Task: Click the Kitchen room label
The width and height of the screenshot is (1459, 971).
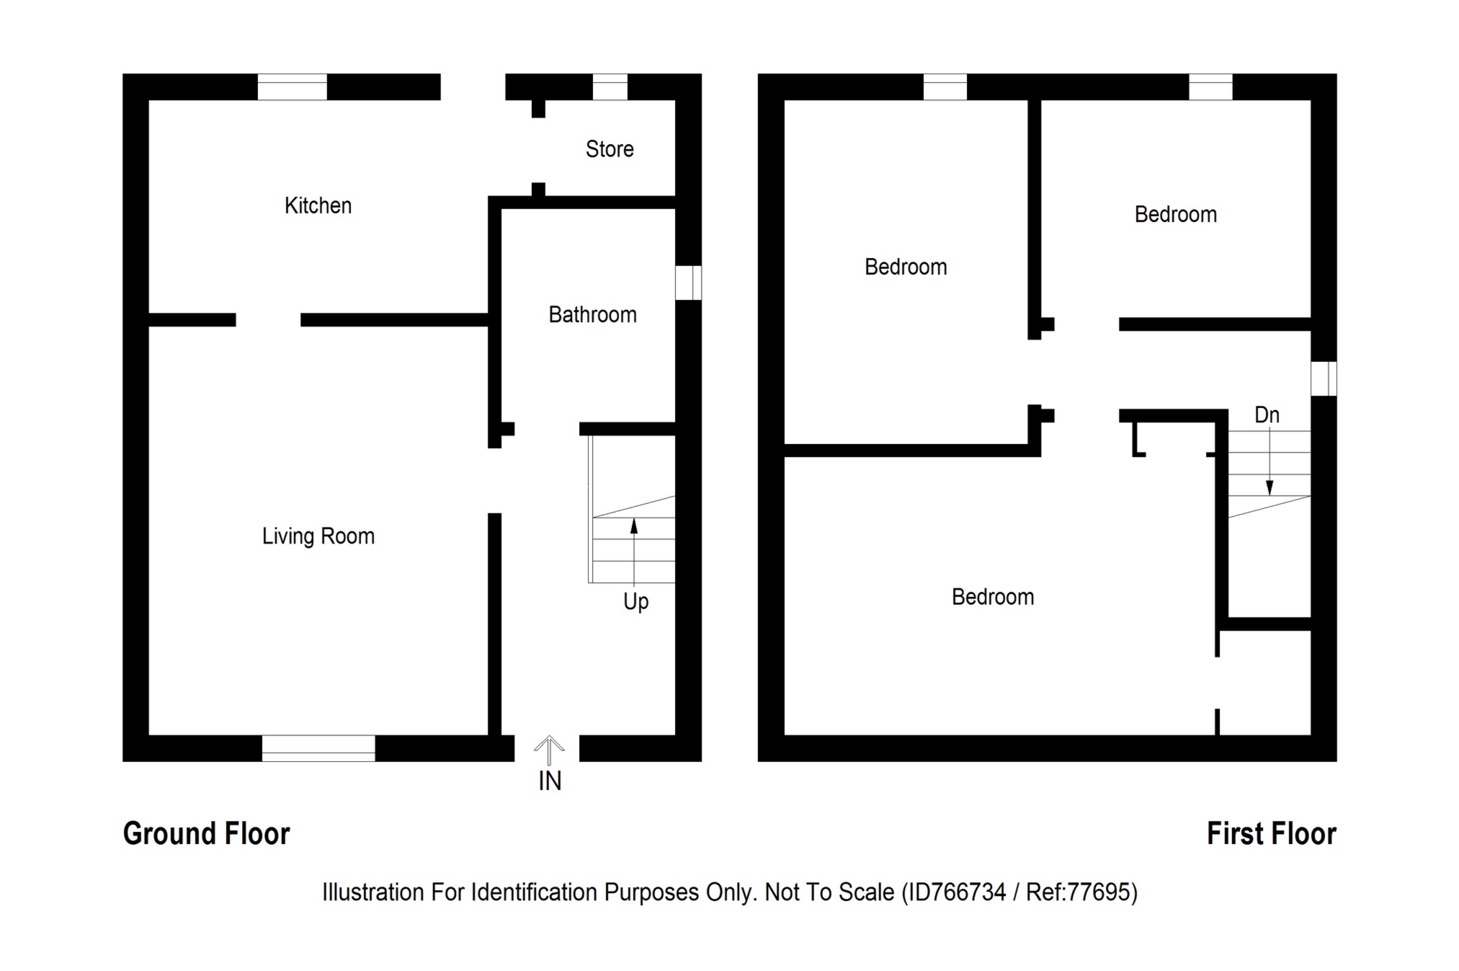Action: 318,206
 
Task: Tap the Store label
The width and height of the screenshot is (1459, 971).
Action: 610,149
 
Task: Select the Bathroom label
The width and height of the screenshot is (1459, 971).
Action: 592,315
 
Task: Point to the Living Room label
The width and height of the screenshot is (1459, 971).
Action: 318,536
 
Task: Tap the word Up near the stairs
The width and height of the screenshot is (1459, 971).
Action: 635,602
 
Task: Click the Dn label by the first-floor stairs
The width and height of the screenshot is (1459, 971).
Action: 1267,415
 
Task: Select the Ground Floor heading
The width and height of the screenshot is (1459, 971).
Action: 206,834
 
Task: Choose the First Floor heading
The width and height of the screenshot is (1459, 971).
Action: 1271,834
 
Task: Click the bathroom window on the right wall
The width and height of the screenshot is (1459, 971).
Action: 688,283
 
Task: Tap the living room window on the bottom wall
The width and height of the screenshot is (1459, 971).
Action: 318,748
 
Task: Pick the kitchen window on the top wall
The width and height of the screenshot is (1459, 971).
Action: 292,87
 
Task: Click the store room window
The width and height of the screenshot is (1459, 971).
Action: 610,87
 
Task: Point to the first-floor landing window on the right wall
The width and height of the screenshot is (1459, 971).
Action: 1324,378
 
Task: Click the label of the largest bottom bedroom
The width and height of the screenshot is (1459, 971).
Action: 992,598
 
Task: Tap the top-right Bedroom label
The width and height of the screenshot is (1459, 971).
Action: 1175,215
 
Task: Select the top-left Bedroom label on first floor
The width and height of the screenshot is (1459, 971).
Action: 906,267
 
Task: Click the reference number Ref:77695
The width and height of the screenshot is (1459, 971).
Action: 1081,892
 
